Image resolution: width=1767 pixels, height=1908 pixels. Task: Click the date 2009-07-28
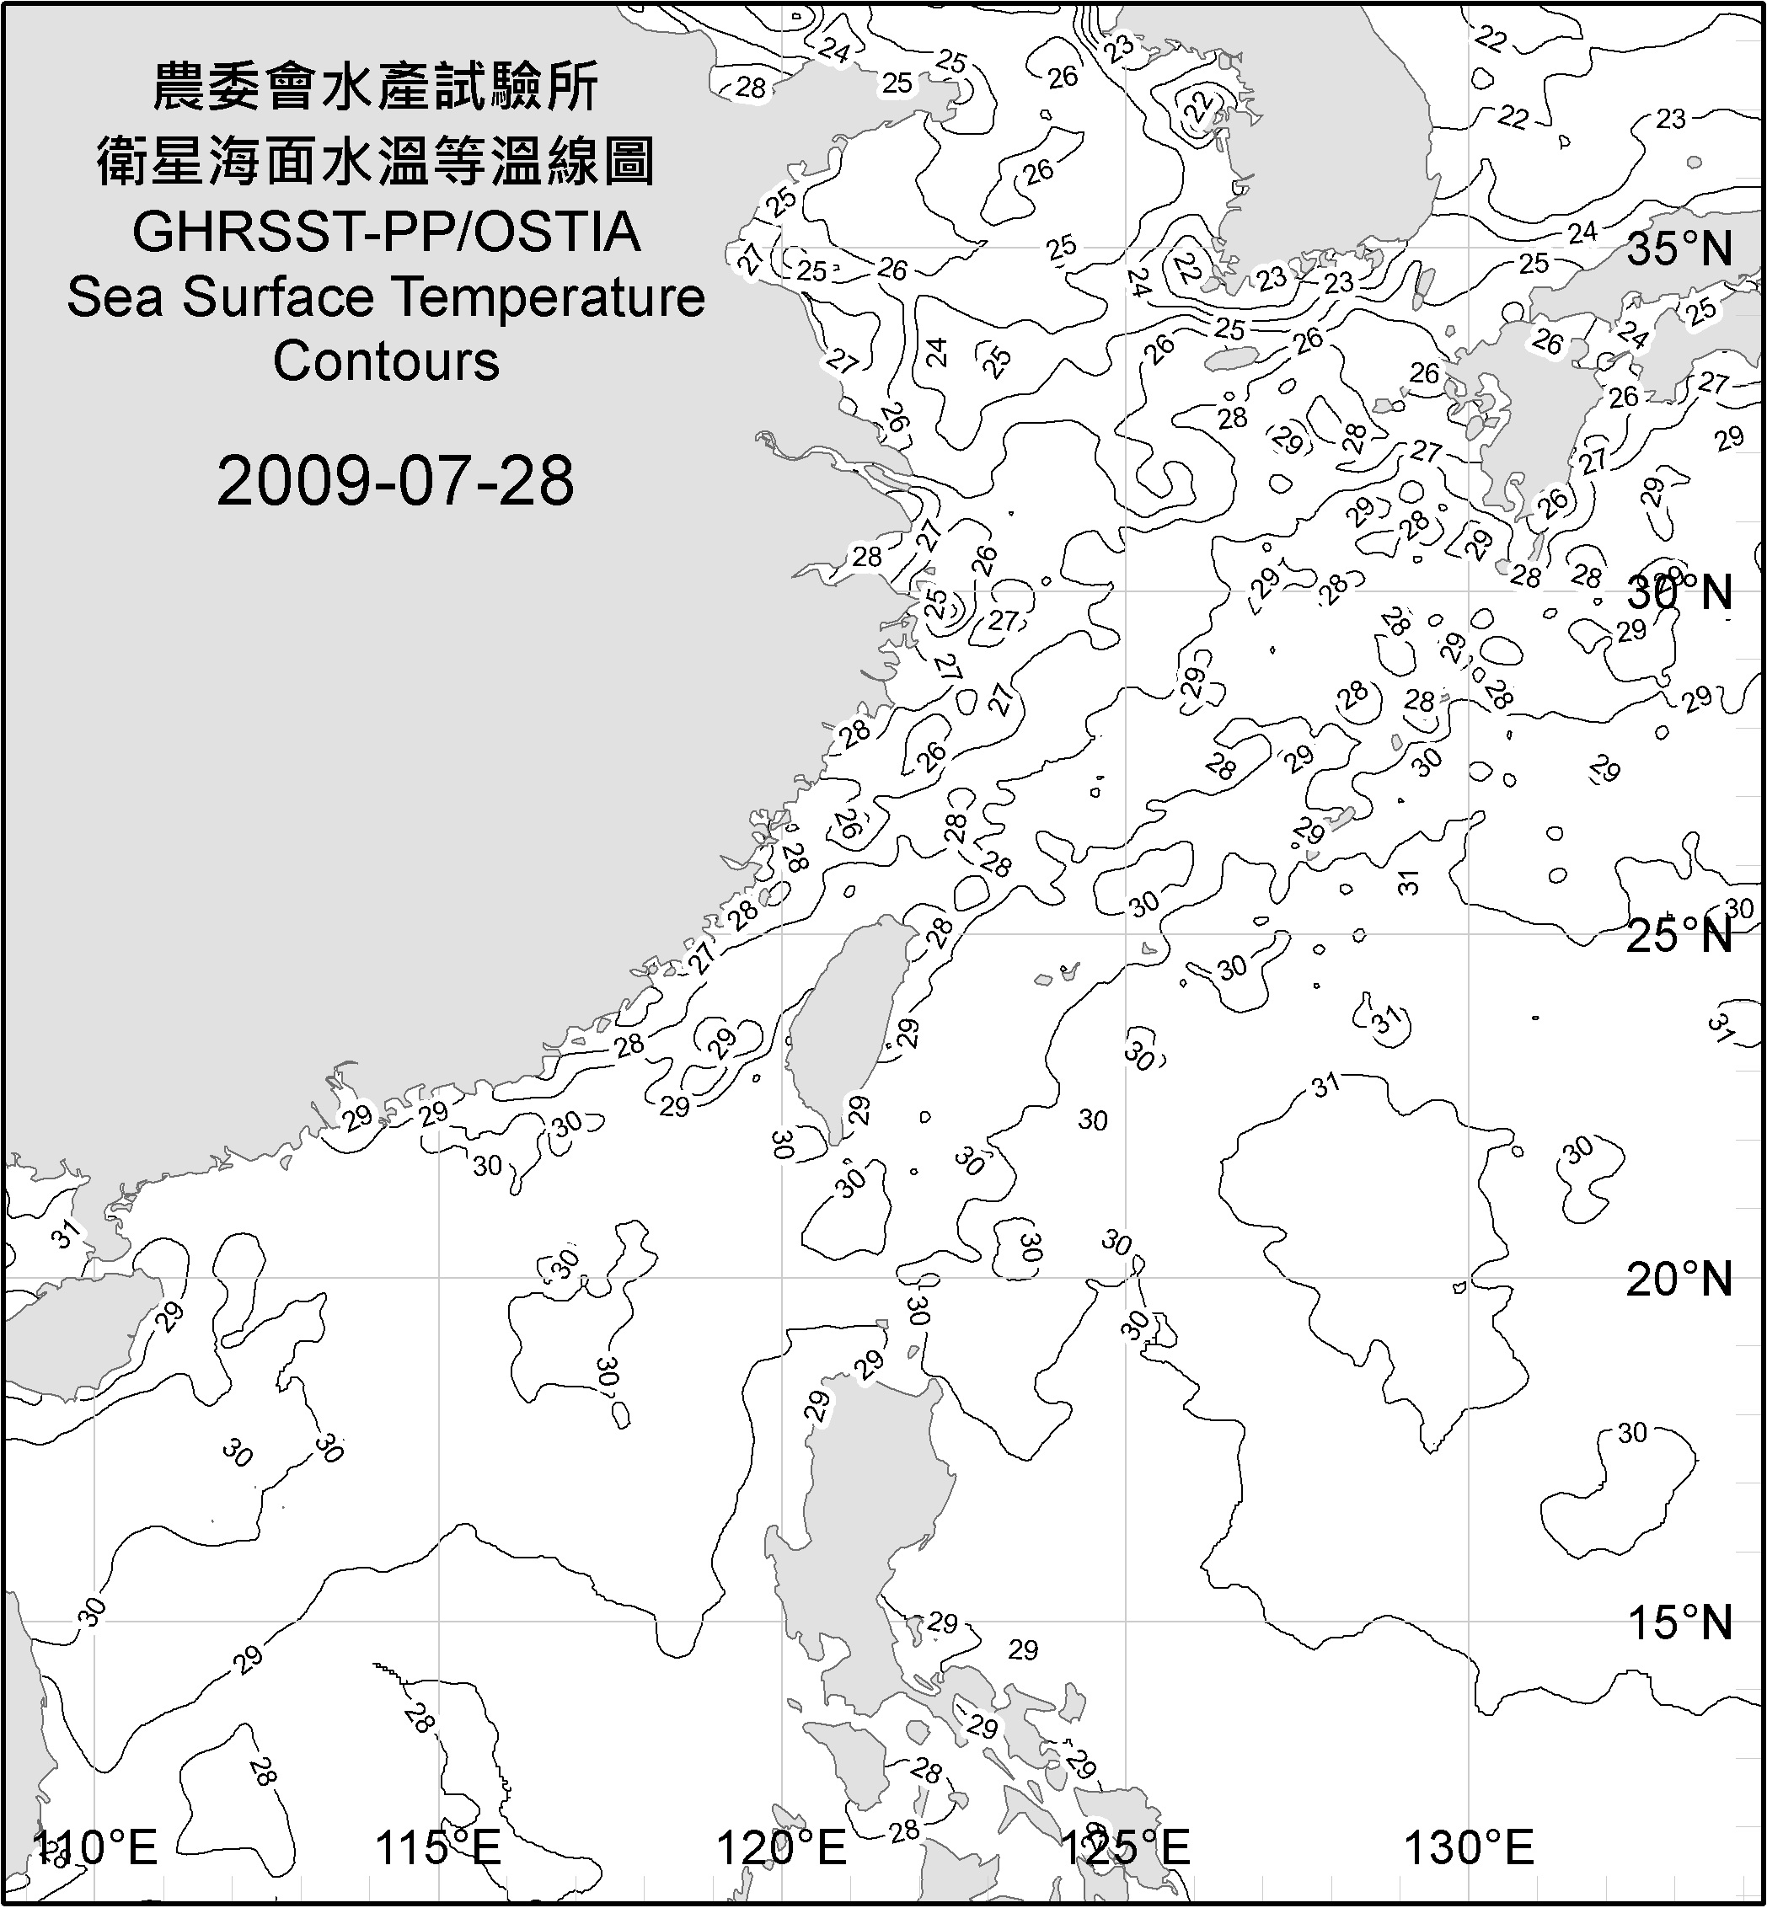(395, 481)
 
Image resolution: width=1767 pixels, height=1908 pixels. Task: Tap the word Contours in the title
(386, 361)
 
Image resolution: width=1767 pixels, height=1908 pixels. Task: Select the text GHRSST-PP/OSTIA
(386, 232)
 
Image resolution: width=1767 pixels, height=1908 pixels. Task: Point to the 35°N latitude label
(1680, 249)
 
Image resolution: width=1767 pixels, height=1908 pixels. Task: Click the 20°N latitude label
(1680, 1279)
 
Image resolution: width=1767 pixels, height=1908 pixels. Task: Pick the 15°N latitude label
(1680, 1622)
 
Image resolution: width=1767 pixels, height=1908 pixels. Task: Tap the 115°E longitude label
(438, 1848)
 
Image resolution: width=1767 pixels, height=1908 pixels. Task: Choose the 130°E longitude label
(1469, 1848)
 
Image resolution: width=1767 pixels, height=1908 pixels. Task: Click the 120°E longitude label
(782, 1848)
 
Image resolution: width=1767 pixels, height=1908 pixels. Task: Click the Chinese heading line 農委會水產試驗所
(376, 88)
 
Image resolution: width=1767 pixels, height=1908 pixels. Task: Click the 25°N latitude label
(1680, 935)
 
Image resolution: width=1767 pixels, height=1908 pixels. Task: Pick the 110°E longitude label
(95, 1848)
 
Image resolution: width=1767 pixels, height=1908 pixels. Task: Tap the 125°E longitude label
(1127, 1848)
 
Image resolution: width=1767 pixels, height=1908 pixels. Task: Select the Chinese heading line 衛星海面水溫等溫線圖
(376, 161)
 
